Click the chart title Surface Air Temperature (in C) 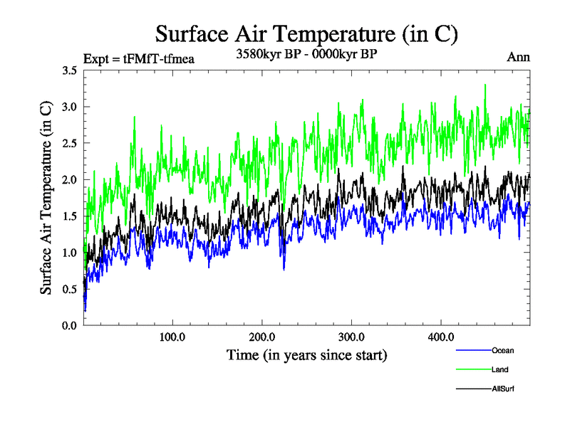point(306,33)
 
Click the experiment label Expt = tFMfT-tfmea point(139,59)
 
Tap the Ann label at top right point(518,57)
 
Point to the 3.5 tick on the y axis point(70,70)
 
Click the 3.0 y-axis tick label point(70,107)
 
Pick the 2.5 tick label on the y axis point(70,143)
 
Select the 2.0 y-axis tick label point(70,179)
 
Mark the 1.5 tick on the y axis point(70,216)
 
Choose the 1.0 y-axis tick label point(70,253)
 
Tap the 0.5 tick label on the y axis point(70,289)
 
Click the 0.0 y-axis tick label point(70,325)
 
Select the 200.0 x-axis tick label point(262,337)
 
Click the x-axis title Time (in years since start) point(307,354)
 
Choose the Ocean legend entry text point(503,350)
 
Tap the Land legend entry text point(499,369)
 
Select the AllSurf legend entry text point(502,389)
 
